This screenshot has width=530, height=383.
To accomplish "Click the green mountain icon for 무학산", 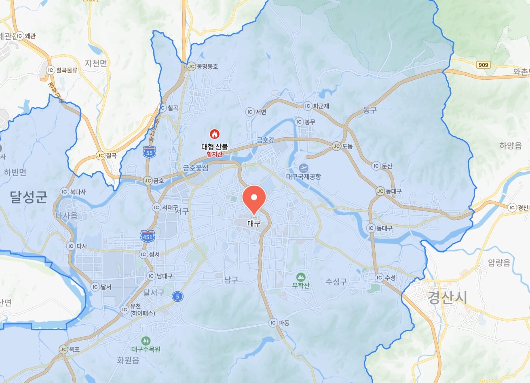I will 300,277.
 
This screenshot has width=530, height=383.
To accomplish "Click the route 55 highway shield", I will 150,152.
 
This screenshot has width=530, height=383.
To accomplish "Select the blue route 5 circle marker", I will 177,297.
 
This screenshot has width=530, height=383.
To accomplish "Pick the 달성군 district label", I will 29,197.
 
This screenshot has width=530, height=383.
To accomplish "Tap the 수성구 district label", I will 336,282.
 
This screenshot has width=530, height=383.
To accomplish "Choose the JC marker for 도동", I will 336,146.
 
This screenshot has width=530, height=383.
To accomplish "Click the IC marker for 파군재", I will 308,106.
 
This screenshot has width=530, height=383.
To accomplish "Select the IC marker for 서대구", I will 156,207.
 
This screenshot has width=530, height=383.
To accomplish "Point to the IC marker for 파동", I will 273,323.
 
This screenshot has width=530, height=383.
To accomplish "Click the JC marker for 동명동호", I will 191,66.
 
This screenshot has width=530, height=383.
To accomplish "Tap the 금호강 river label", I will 265,140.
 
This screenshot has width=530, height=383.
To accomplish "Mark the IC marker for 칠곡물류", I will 51,70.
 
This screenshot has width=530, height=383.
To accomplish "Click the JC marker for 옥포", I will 63,349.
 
